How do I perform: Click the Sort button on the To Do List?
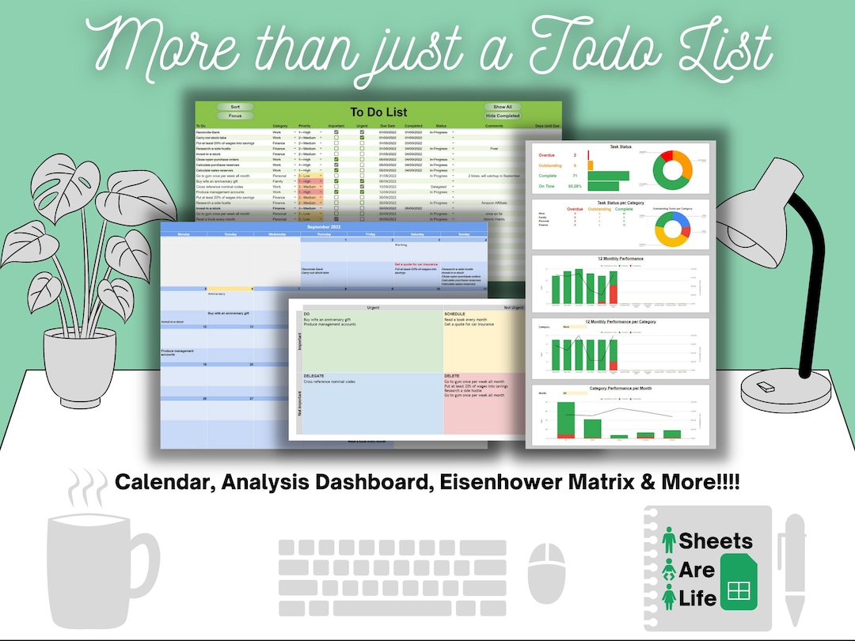(235, 107)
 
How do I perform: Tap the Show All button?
(503, 107)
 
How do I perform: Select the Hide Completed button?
(503, 116)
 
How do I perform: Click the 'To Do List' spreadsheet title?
(378, 112)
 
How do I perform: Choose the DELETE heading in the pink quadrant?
(452, 376)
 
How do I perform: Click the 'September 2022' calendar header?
(323, 226)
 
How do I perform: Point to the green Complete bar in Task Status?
(608, 176)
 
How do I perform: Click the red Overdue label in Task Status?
(551, 155)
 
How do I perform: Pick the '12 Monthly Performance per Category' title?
(621, 321)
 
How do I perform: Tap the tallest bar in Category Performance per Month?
(565, 419)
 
